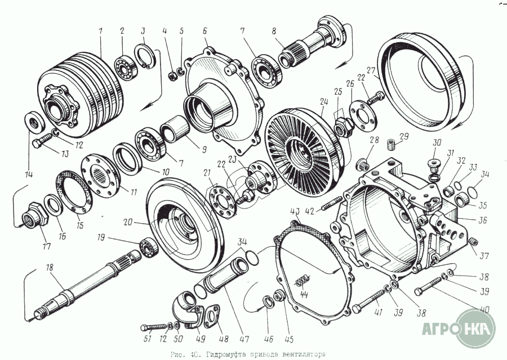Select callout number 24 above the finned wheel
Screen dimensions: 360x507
tap(322, 103)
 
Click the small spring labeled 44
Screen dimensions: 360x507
tap(303, 279)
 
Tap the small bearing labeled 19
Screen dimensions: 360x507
tap(148, 246)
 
